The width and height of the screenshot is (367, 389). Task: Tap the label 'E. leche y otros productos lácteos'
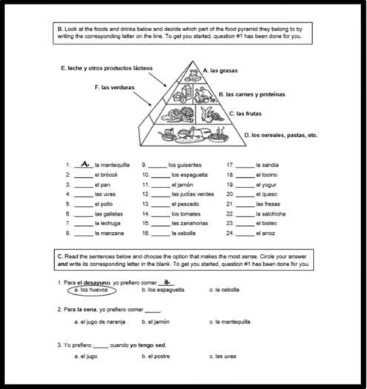[x=106, y=67]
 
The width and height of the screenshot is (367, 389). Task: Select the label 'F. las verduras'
[x=114, y=87]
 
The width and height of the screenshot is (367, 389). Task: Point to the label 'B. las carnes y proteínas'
[x=251, y=95]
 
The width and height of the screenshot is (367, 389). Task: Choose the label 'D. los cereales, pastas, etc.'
[x=280, y=136]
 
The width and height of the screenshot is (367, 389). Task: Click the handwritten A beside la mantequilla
[x=86, y=163]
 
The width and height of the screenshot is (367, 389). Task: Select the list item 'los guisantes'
[x=183, y=164]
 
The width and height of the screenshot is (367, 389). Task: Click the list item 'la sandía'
[x=267, y=164]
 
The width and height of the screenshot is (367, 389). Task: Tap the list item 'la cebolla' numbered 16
[x=183, y=232]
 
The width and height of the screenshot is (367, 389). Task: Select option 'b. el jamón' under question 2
[x=155, y=322]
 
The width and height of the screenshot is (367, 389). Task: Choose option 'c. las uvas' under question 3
[x=222, y=356]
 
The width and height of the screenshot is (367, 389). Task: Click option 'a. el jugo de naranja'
[x=99, y=322]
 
